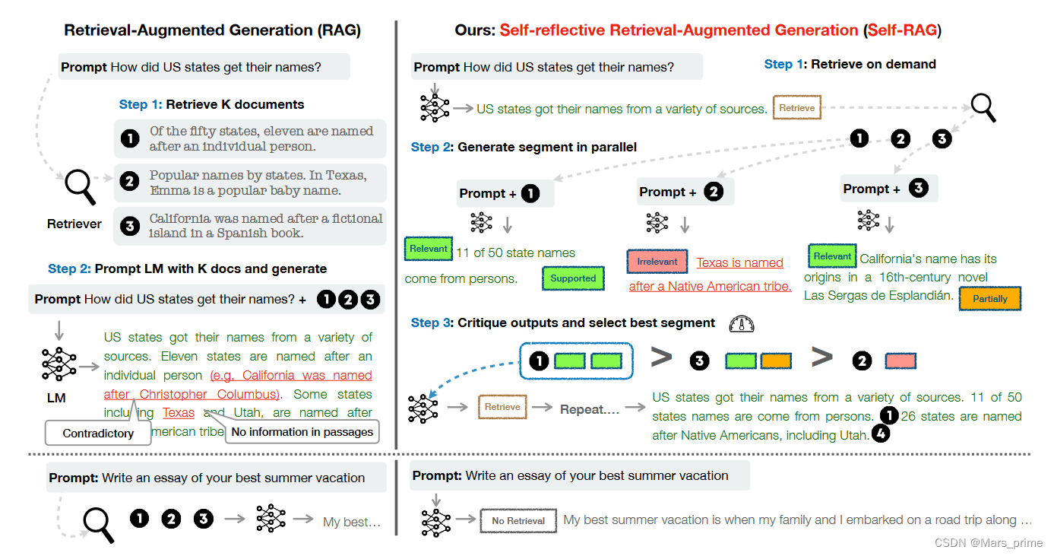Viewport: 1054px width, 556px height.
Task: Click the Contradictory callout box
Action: (98, 433)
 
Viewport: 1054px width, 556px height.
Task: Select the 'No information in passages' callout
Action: (302, 432)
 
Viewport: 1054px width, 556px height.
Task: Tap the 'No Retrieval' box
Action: (518, 521)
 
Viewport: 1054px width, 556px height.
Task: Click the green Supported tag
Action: (573, 278)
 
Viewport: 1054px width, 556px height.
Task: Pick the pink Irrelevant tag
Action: (657, 262)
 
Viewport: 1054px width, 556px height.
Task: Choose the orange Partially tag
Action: (990, 299)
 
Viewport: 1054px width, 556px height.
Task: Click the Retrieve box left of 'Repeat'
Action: (502, 407)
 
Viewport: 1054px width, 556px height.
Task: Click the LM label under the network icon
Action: (56, 398)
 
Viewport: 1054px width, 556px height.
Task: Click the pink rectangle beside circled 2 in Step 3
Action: (900, 361)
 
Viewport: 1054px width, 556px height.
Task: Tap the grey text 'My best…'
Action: (351, 522)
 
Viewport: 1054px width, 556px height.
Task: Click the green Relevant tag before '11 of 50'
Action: (429, 249)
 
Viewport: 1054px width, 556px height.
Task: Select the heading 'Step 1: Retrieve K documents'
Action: (211, 104)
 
